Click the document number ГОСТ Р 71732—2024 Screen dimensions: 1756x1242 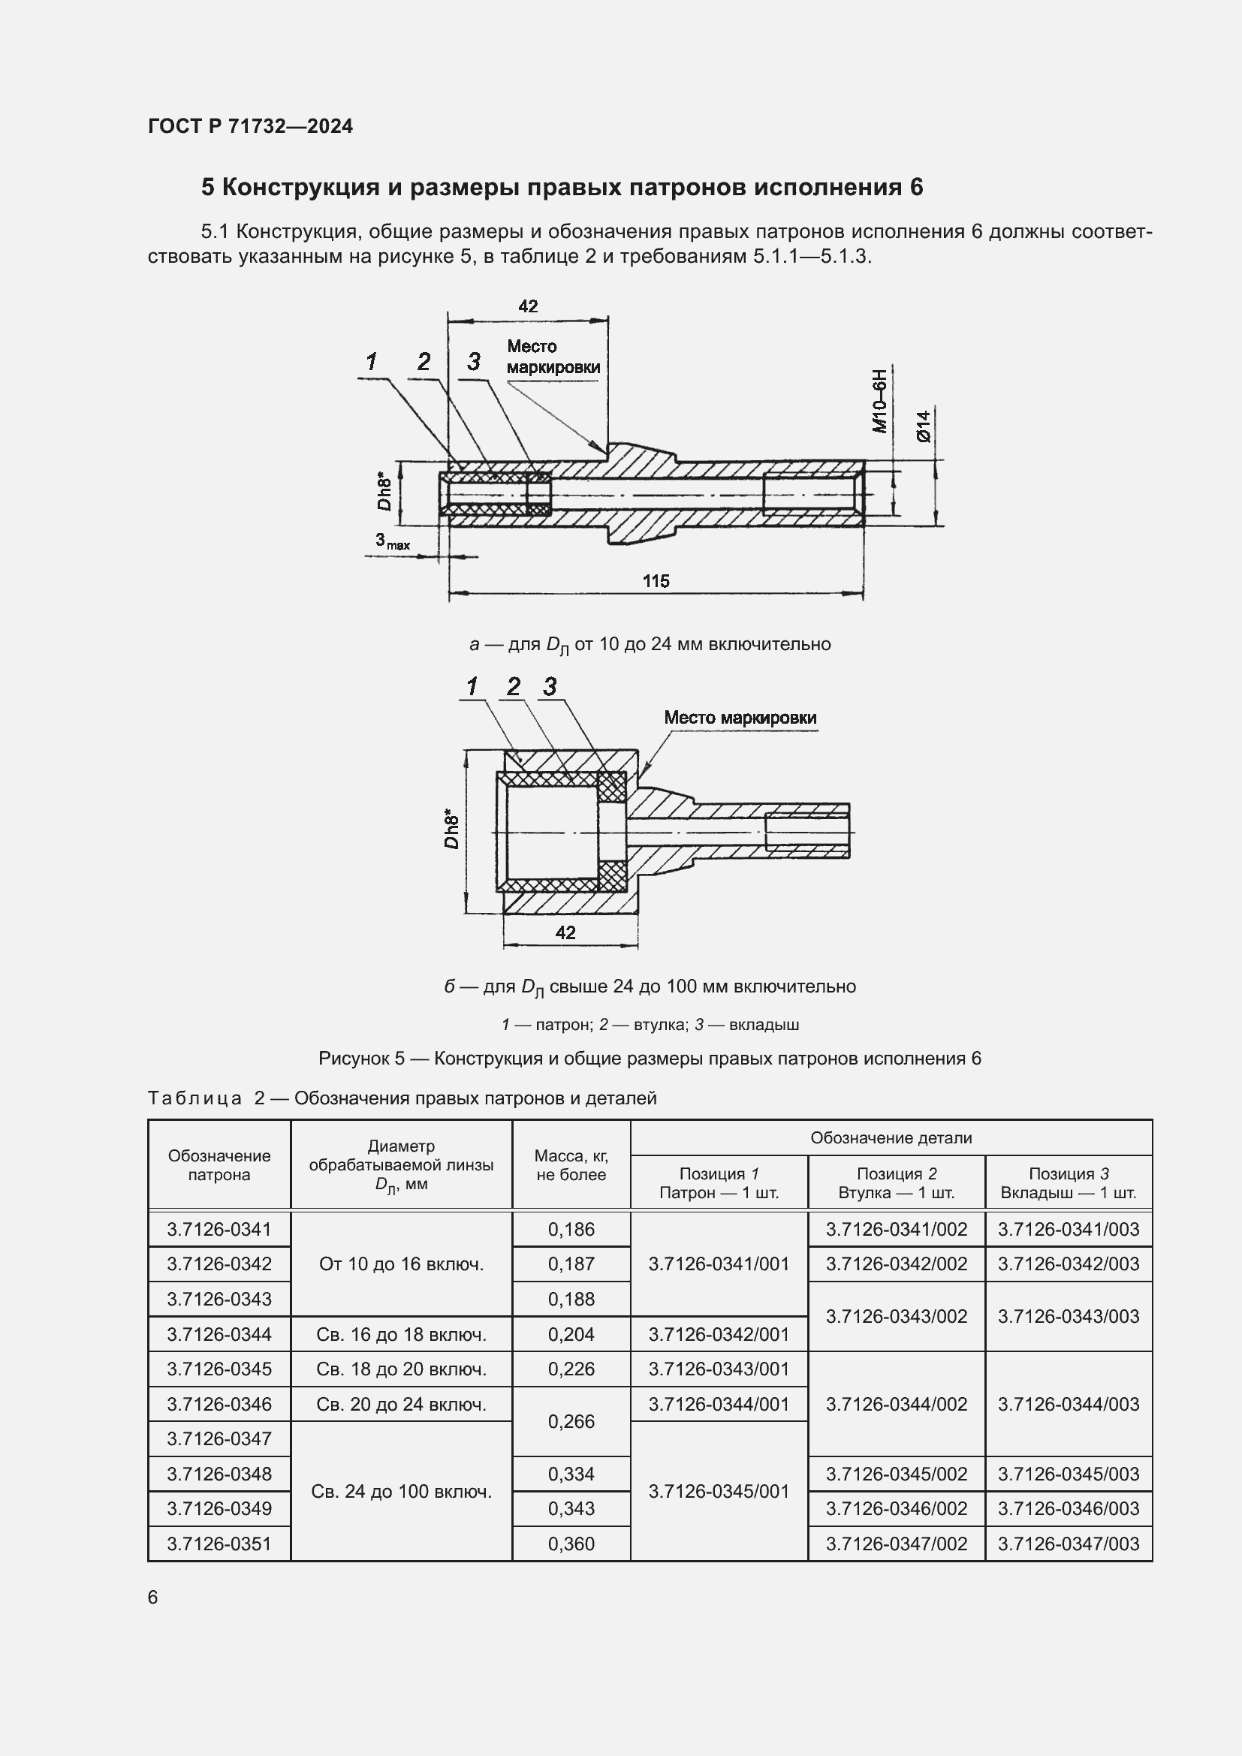(x=250, y=126)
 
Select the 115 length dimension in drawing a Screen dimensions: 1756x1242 (x=656, y=581)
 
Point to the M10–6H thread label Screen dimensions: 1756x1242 (x=880, y=401)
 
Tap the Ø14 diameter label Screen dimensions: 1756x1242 (x=924, y=425)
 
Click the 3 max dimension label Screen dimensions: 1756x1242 (x=391, y=541)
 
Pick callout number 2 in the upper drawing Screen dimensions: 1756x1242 (x=424, y=362)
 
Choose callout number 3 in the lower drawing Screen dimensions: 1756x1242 (x=550, y=687)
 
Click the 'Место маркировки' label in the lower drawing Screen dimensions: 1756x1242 (x=740, y=718)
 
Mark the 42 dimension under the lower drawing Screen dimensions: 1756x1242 (x=565, y=932)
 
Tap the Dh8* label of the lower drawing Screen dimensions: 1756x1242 (x=451, y=830)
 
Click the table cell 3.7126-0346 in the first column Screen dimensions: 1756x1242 (x=219, y=1404)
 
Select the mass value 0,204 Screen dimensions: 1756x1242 (x=571, y=1335)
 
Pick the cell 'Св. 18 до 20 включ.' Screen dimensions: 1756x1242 (x=401, y=1369)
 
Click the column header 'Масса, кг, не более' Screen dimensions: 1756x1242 (x=571, y=1165)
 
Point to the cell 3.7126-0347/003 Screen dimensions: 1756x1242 (x=1069, y=1544)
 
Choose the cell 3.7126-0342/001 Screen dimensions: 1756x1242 (x=719, y=1335)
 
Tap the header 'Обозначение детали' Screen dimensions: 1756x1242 (x=891, y=1138)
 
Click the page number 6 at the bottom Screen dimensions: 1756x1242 (x=153, y=1597)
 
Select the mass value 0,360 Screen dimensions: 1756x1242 (x=571, y=1544)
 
